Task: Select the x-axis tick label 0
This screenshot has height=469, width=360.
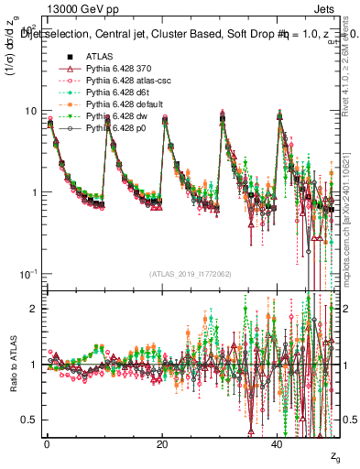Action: coord(47,443)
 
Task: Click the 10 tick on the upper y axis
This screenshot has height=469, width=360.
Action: coord(31,111)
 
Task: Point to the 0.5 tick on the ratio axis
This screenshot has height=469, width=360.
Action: coord(29,420)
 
